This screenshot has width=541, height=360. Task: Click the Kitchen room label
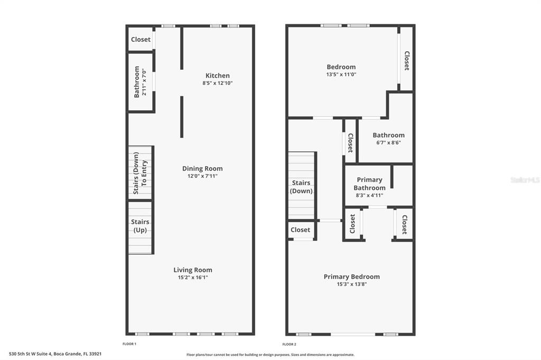(x=217, y=75)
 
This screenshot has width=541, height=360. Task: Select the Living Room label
(x=193, y=270)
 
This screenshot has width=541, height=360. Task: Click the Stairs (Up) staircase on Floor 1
(x=140, y=226)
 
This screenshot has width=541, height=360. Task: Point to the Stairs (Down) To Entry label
(x=140, y=173)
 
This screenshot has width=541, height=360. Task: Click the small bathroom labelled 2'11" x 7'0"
(x=140, y=82)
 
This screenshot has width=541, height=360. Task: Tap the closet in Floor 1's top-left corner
(x=141, y=40)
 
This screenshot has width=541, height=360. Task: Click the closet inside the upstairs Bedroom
(x=406, y=60)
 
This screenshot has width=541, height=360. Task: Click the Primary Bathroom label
(x=369, y=184)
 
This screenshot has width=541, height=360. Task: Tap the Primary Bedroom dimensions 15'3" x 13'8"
(x=351, y=284)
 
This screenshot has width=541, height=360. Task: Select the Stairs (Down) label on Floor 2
(x=301, y=187)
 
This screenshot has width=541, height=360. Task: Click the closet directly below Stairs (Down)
(x=300, y=230)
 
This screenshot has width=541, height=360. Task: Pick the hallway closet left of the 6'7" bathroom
(x=350, y=141)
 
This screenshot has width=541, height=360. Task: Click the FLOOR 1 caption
(x=129, y=344)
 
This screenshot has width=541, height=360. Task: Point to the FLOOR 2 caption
(x=289, y=344)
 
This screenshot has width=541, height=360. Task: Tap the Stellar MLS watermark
(x=525, y=180)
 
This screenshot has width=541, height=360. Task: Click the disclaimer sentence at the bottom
(x=270, y=355)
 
